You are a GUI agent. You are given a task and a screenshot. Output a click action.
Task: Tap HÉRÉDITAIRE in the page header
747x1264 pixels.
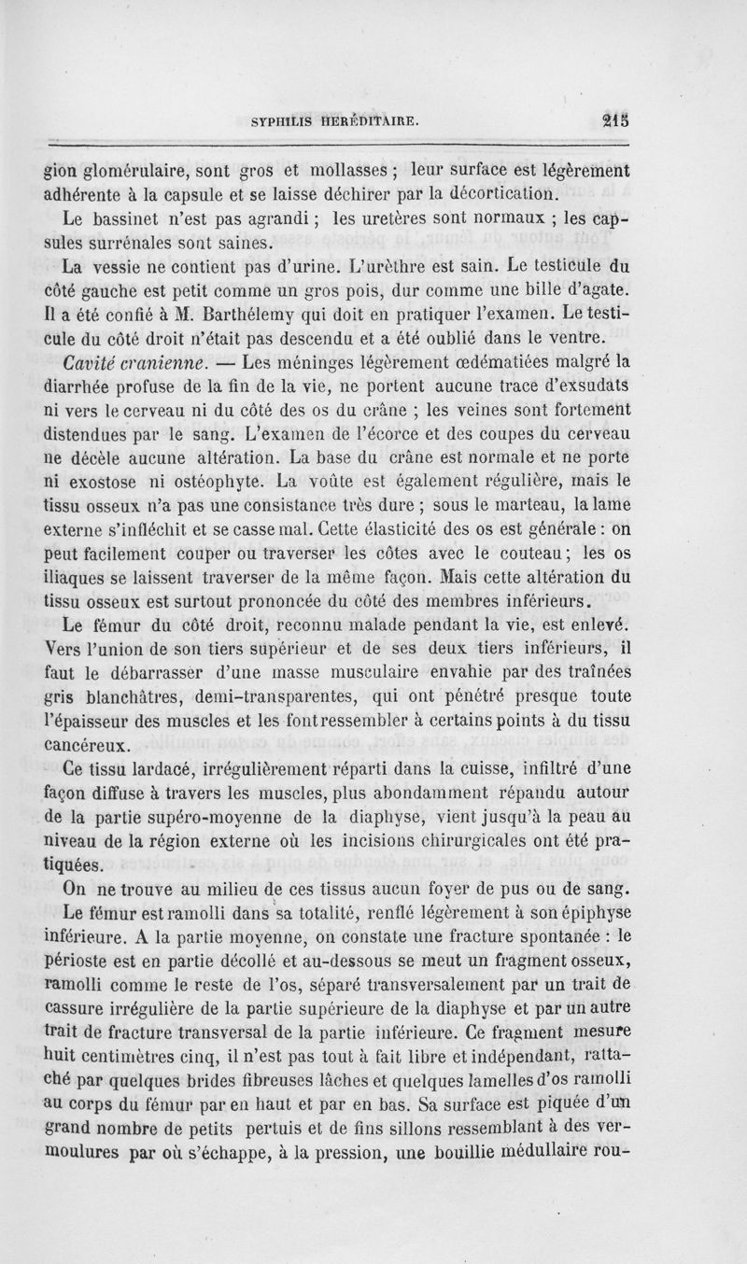(371, 120)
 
